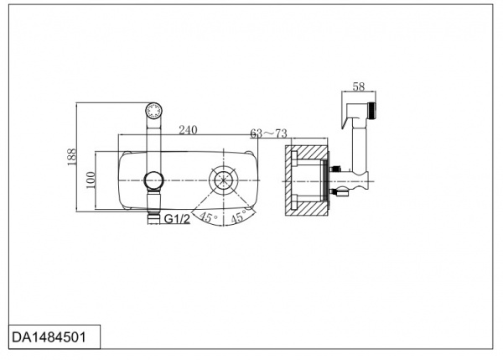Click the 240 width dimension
tap(188, 130)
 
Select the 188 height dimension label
tap(72, 157)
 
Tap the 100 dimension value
tap(91, 180)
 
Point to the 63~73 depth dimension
tap(268, 133)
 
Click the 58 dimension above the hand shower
tap(359, 86)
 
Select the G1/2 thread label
tap(177, 219)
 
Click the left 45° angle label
tap(208, 217)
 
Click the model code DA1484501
tap(49, 337)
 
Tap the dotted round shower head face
tap(153, 111)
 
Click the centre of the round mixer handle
tap(224, 180)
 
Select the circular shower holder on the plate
tap(153, 180)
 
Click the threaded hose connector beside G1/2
tap(153, 219)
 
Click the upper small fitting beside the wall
tap(334, 168)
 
